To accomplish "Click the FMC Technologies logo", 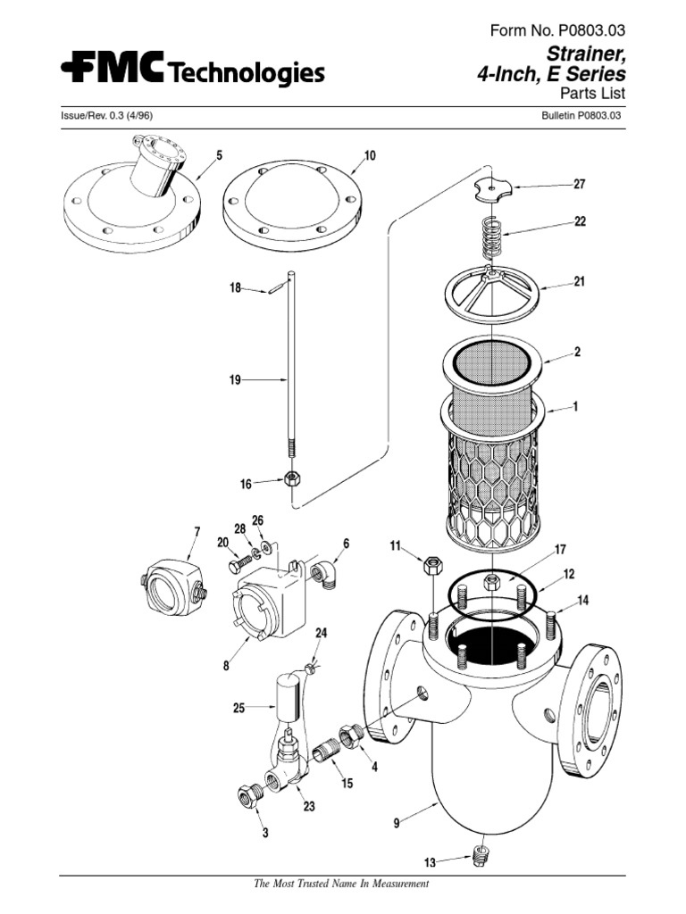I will pyautogui.click(x=192, y=71).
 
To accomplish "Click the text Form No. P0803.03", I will pyautogui.click(x=558, y=32).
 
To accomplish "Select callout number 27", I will pyautogui.click(x=579, y=186).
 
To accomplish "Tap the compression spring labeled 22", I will pyautogui.click(x=491, y=237).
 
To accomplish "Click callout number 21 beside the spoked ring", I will pyautogui.click(x=579, y=282).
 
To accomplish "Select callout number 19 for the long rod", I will pyautogui.click(x=235, y=379).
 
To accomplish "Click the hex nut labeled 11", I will pyautogui.click(x=431, y=566).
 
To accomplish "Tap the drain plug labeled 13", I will pyautogui.click(x=480, y=860).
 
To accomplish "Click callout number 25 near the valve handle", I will pyautogui.click(x=238, y=708).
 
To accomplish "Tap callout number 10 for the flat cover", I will pyautogui.click(x=370, y=155).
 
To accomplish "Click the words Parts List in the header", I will pyautogui.click(x=592, y=94).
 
